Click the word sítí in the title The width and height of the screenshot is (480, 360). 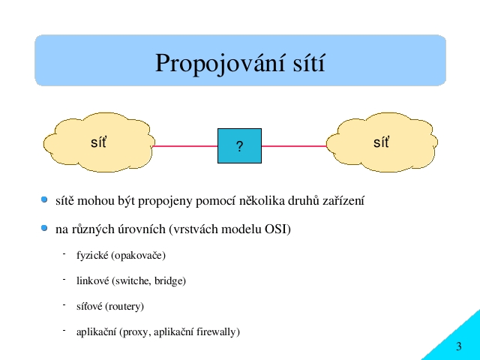click(x=309, y=62)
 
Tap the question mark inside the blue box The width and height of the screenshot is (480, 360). click(x=240, y=146)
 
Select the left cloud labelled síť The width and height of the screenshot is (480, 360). click(x=99, y=142)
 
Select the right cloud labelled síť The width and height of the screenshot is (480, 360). click(x=382, y=142)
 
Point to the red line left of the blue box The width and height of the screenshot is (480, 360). click(x=185, y=146)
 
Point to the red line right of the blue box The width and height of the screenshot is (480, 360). click(x=294, y=146)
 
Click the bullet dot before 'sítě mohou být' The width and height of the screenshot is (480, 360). click(x=44, y=200)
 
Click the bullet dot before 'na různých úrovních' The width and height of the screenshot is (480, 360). click(x=44, y=228)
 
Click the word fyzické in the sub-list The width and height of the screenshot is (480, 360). click(x=92, y=255)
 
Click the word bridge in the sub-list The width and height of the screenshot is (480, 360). click(x=169, y=281)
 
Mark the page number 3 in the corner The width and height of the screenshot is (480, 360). click(x=458, y=346)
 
